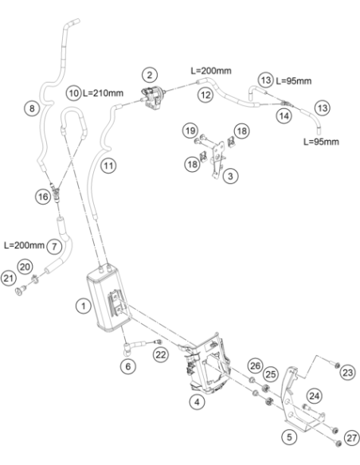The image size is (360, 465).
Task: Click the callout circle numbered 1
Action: [84, 306]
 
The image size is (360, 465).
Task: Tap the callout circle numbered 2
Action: [150, 75]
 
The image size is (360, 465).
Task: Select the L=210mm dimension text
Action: [103, 93]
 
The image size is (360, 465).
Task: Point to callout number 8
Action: [32, 108]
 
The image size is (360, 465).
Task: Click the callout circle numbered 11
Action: [108, 166]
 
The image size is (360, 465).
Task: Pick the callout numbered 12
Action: [205, 95]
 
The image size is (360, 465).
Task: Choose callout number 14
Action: [284, 115]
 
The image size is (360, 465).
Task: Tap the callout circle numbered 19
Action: [190, 131]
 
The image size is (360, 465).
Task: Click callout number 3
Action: [230, 176]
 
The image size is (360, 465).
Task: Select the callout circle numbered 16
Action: [43, 197]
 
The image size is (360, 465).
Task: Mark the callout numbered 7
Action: [54, 247]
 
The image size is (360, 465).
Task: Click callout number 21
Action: [8, 278]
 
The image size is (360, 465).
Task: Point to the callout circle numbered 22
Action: [161, 354]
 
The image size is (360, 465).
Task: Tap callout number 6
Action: [127, 366]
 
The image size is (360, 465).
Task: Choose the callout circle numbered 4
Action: [197, 402]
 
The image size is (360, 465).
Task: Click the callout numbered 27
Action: [352, 438]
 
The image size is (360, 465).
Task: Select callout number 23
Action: [347, 372]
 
